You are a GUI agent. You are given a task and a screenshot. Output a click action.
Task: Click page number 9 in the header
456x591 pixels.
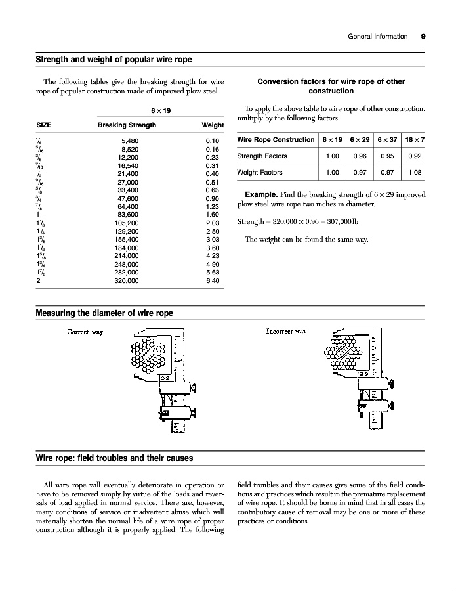click(423, 37)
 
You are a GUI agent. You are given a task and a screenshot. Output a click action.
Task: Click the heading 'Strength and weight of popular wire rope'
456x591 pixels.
click(114, 60)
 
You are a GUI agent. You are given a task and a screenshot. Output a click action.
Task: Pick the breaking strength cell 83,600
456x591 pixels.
click(127, 215)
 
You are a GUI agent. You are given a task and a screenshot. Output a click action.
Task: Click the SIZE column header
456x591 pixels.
click(44, 125)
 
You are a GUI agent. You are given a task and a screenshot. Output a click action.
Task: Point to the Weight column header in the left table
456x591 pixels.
click(213, 125)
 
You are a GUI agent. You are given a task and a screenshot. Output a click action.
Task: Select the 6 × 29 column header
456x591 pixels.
click(360, 139)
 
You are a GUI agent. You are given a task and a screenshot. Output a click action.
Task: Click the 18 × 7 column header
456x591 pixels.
click(415, 139)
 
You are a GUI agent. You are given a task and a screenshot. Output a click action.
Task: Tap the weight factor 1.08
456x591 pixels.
click(415, 173)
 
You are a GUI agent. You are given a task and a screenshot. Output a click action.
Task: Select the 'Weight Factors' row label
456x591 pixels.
click(260, 173)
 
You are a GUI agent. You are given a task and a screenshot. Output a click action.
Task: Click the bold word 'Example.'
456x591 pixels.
click(260, 195)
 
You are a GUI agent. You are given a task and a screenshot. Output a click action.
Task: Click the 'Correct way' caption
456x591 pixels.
click(85, 332)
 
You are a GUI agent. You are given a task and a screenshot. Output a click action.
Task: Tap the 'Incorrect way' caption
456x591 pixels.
click(286, 332)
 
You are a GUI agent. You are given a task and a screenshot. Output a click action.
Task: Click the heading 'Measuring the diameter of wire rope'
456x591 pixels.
click(104, 313)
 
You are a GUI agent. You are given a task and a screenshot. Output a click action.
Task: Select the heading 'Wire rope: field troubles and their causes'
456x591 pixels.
click(114, 458)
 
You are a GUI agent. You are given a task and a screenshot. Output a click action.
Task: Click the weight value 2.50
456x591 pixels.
click(212, 231)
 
